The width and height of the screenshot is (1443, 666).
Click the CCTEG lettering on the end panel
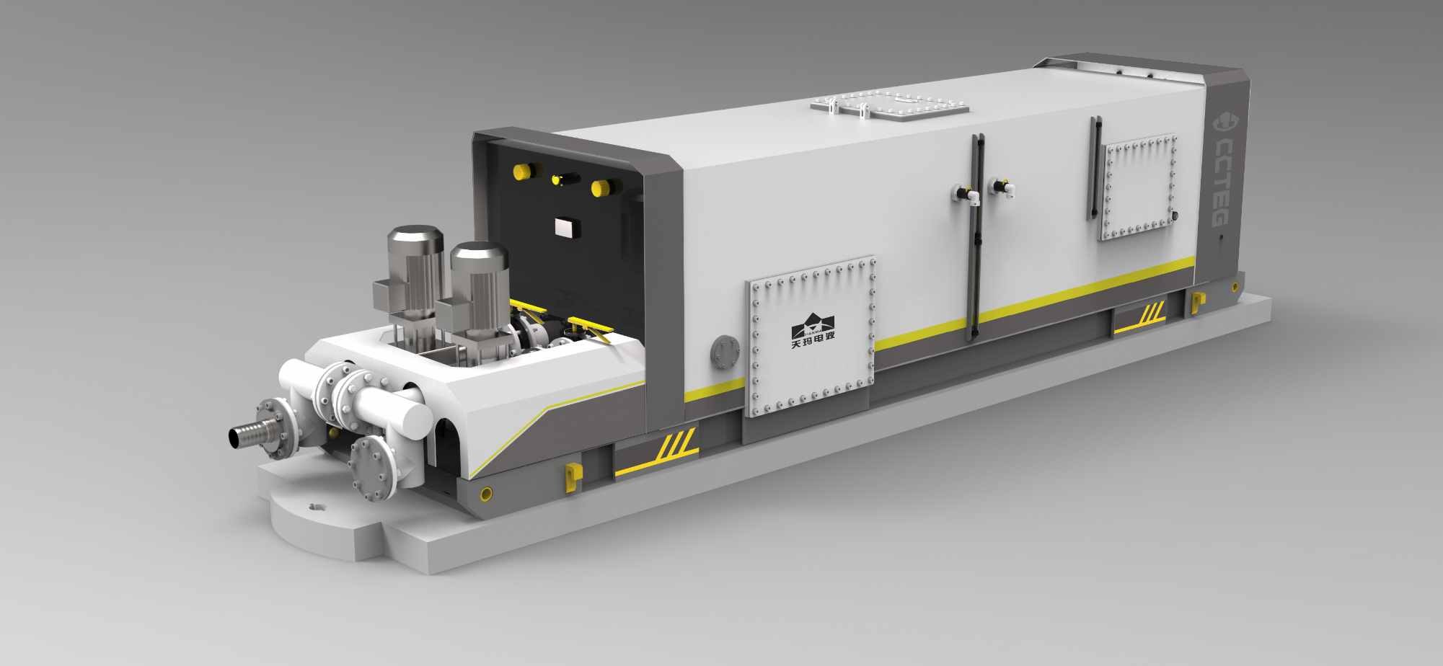click(x=1223, y=176)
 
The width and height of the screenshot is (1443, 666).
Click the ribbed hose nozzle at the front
click(x=250, y=432)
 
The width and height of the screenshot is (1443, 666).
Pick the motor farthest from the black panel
click(x=414, y=274)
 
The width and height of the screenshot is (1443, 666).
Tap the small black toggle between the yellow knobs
click(x=566, y=178)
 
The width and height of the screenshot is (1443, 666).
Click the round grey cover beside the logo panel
click(x=725, y=352)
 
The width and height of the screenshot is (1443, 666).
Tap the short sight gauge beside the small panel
click(x=1095, y=167)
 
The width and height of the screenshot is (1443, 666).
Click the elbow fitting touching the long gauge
click(x=968, y=195)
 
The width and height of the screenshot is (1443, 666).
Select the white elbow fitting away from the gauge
click(x=1003, y=188)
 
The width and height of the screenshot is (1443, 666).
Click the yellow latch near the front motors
click(x=573, y=476)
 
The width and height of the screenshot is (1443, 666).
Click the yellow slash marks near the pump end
click(x=676, y=445)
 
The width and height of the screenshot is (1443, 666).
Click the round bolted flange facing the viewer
click(x=373, y=467)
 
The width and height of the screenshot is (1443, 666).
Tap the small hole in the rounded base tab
click(x=316, y=507)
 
